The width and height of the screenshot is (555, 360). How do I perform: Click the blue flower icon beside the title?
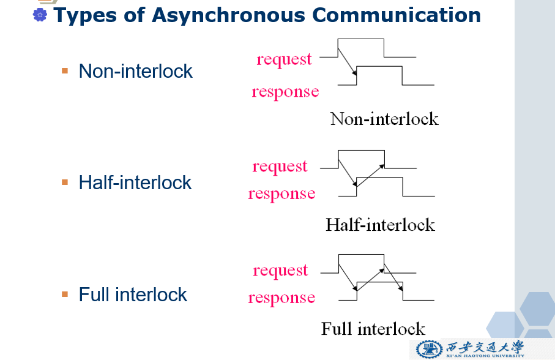click(x=40, y=15)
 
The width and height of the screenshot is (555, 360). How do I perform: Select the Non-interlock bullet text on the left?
click(x=135, y=71)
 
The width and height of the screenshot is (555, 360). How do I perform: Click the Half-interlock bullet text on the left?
click(x=135, y=182)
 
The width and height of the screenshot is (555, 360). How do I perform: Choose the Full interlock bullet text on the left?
click(x=133, y=294)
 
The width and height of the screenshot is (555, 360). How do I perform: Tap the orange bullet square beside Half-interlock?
click(x=65, y=182)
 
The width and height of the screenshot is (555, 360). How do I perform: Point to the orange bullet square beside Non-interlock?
click(x=65, y=71)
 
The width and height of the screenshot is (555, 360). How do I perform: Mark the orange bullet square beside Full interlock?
click(x=65, y=294)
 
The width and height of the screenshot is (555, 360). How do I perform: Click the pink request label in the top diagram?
click(x=284, y=59)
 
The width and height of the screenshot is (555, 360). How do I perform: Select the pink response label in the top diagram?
click(x=285, y=92)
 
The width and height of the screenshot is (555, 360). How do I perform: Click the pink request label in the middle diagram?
click(x=280, y=167)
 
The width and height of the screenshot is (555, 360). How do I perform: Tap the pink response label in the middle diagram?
click(x=281, y=194)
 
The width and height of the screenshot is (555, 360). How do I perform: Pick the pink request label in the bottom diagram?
click(x=280, y=271)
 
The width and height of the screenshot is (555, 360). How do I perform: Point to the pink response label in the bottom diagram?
click(x=281, y=298)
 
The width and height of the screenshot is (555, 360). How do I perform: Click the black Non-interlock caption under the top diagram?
click(x=384, y=119)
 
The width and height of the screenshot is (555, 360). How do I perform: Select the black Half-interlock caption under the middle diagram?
click(x=380, y=225)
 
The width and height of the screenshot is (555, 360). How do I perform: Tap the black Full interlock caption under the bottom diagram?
click(x=373, y=329)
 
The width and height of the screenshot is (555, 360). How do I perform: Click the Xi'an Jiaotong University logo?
click(x=470, y=349)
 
